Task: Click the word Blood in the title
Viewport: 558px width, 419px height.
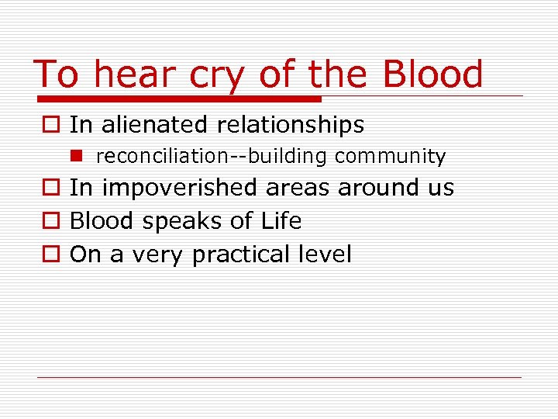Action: (x=432, y=74)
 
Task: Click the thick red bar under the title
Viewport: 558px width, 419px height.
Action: (x=178, y=99)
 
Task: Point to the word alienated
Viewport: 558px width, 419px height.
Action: (x=153, y=124)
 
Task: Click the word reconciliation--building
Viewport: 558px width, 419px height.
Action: (x=213, y=157)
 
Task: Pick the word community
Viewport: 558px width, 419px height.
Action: (x=391, y=157)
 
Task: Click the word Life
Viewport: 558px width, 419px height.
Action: (x=281, y=221)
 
